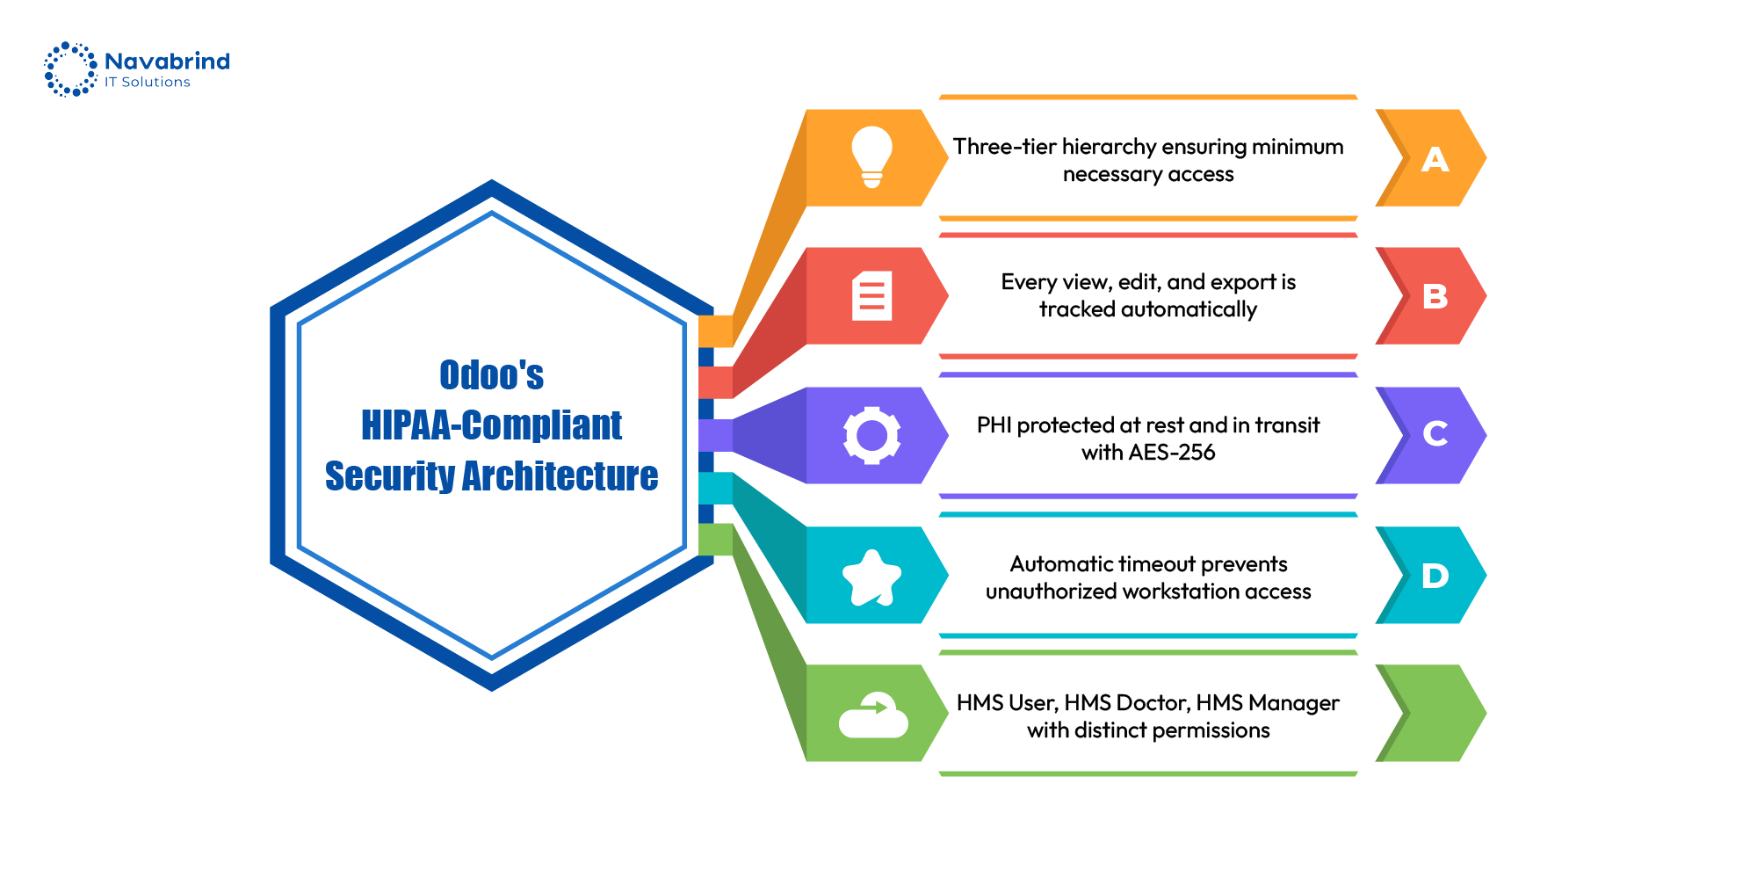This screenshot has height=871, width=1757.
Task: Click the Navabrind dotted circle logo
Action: (x=70, y=69)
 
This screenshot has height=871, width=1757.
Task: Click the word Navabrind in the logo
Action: (x=167, y=61)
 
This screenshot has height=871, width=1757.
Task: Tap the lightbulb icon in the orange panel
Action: (x=871, y=157)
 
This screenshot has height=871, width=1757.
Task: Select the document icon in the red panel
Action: (x=871, y=295)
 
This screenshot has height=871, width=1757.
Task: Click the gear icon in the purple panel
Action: (x=871, y=435)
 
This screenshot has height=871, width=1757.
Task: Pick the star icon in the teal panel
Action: (x=871, y=577)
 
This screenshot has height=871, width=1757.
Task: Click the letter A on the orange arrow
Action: (x=1435, y=159)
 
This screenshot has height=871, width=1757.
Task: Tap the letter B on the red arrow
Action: (x=1435, y=296)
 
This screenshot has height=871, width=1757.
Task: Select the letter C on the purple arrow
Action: (x=1435, y=433)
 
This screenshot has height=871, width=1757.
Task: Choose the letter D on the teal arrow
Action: (x=1435, y=576)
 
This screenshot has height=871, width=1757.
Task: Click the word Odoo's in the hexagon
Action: (x=491, y=375)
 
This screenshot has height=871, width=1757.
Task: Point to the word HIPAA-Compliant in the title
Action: (x=491, y=425)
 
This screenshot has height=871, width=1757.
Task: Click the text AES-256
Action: (x=1173, y=453)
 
